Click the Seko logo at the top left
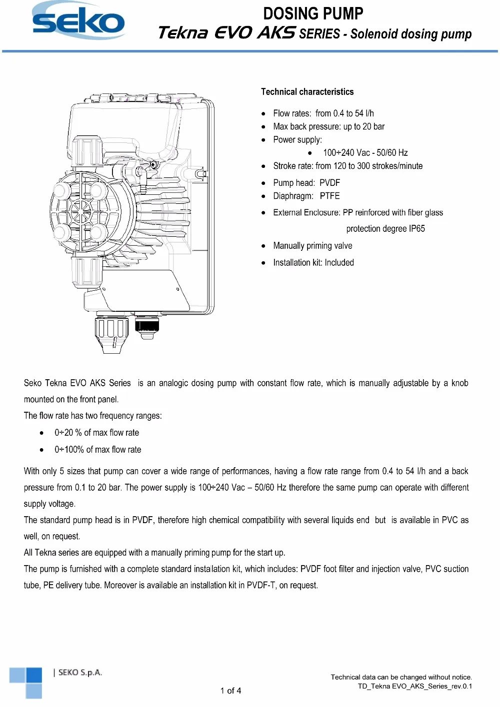click(78, 21)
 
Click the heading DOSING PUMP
click(313, 13)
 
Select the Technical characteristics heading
click(307, 92)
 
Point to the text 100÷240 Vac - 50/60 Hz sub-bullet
click(365, 153)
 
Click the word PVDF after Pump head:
click(330, 183)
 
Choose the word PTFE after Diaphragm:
click(330, 196)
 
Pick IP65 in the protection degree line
click(416, 229)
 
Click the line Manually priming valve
click(312, 246)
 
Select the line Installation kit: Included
click(313, 263)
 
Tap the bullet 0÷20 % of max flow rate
click(96, 433)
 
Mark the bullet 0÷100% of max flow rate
click(97, 450)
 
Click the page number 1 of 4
click(230, 691)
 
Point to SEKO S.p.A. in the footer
click(80, 673)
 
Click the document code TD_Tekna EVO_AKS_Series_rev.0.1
click(414, 686)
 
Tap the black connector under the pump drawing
click(147, 328)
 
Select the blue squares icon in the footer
click(26, 682)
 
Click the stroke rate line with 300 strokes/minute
click(347, 166)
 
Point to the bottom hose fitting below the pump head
click(111, 335)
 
